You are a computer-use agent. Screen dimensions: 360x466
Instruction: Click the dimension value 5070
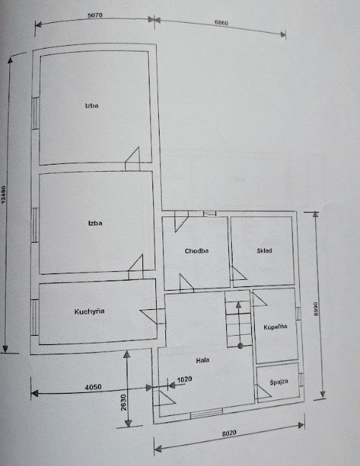tap(95, 15)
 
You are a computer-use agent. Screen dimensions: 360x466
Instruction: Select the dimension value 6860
tap(221, 23)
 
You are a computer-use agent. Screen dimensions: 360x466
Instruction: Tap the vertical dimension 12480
tap(4, 195)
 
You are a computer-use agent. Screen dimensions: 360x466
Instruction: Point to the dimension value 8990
tap(316, 309)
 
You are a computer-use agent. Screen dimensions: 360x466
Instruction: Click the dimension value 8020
tap(229, 433)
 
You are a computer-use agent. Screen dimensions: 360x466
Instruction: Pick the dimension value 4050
tap(93, 387)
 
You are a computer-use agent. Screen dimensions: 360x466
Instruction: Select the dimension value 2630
tap(124, 402)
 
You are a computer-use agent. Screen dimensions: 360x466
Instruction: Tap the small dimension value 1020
tap(185, 379)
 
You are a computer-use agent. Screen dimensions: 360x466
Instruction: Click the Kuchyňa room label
tap(89, 311)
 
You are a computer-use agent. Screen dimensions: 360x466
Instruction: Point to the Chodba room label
tap(197, 251)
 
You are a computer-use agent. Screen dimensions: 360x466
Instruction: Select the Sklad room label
tap(264, 251)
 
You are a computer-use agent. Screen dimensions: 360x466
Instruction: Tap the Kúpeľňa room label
tap(276, 326)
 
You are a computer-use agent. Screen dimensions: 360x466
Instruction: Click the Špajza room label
tap(279, 382)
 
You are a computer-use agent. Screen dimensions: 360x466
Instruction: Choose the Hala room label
tap(203, 360)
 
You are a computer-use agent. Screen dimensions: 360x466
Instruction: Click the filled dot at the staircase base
tap(240, 346)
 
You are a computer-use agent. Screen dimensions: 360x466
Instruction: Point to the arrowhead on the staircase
tap(238, 305)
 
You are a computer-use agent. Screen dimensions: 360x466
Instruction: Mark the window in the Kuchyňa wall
tap(35, 317)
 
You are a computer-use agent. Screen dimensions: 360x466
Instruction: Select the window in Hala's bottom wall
tap(206, 414)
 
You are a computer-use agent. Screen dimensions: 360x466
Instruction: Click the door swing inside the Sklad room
tap(239, 273)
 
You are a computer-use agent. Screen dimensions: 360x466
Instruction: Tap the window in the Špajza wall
tap(301, 379)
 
